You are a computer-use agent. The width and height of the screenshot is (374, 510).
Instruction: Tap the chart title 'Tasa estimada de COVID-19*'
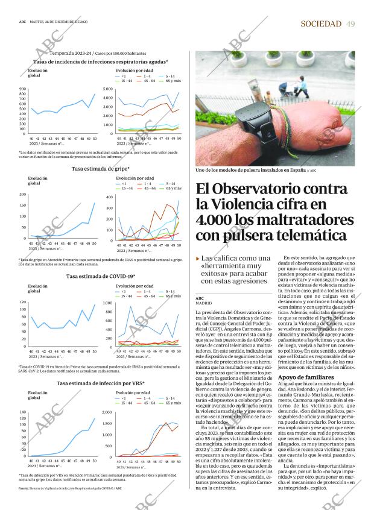tap(101, 276)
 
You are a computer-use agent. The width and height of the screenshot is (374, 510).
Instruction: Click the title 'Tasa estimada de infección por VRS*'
tap(100, 383)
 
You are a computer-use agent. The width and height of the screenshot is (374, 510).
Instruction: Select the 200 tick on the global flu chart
tap(23, 194)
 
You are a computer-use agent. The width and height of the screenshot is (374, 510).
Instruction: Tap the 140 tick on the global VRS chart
tap(23, 412)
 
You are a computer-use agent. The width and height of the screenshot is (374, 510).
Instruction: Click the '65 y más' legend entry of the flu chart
tap(173, 188)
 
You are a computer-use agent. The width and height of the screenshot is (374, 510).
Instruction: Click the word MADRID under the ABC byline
tap(204, 303)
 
